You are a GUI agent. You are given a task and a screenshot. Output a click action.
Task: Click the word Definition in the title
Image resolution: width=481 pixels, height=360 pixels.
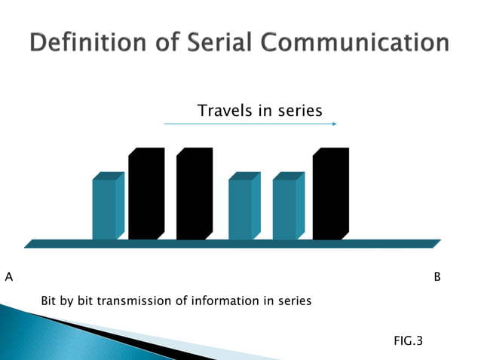[x=87, y=42]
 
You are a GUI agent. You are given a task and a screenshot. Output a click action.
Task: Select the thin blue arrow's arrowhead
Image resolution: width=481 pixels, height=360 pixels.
[x=334, y=124]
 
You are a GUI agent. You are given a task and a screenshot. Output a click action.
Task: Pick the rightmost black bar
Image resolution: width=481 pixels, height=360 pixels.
[x=330, y=194]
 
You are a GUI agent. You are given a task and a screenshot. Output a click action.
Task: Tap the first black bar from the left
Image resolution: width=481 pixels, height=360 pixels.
[x=146, y=194]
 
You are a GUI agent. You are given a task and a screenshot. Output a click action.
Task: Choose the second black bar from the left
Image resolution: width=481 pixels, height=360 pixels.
[x=194, y=194]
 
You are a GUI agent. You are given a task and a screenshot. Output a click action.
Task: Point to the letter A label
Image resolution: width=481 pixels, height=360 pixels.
[x=9, y=277]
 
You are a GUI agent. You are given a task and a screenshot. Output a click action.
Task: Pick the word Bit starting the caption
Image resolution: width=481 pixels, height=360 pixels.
[x=49, y=301]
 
